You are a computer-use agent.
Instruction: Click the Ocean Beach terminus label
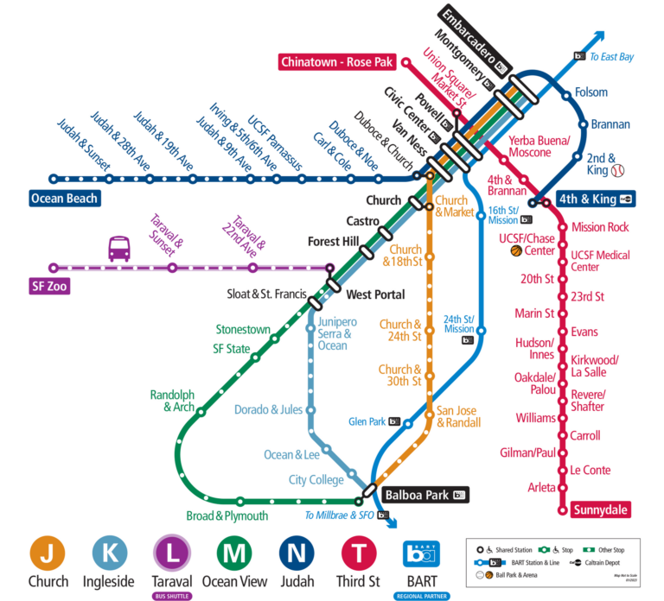tap(65, 198)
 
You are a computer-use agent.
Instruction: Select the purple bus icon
tap(119, 250)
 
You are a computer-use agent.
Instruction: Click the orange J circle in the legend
tap(48, 554)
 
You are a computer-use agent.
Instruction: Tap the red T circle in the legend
tap(359, 554)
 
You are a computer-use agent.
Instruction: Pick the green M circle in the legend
tap(233, 554)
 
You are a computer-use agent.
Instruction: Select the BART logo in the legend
tap(423, 554)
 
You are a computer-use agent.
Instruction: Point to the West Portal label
tap(375, 294)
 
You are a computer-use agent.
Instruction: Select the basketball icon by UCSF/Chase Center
tap(516, 251)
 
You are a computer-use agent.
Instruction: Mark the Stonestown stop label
tap(243, 330)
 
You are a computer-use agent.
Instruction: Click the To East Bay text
tap(611, 57)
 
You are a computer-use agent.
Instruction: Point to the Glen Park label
tap(367, 421)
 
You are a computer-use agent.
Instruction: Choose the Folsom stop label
tap(592, 92)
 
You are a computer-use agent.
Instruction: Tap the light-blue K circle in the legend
tap(109, 554)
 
